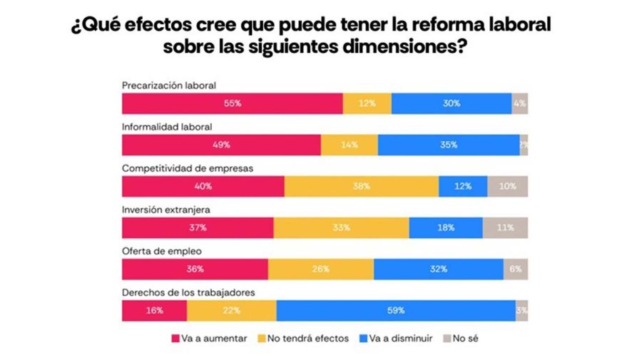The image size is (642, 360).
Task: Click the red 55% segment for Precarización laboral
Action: (232, 103)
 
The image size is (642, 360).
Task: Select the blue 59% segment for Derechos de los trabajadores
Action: (396, 311)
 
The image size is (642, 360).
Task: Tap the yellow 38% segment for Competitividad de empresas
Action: (361, 186)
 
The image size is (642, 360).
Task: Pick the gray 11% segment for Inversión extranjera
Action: (505, 228)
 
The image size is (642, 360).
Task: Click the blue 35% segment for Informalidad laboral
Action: (449, 145)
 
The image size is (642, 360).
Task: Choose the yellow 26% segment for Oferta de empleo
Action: (320, 269)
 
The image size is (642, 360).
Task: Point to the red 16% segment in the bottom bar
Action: (155, 311)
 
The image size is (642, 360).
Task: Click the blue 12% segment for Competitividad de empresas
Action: (463, 186)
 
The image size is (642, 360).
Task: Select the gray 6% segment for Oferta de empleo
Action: (516, 269)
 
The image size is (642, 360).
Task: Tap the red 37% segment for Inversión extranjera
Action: (198, 228)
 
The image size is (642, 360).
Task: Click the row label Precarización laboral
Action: (169, 86)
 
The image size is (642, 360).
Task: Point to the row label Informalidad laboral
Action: (167, 127)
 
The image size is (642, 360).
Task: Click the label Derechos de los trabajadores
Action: (188, 292)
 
